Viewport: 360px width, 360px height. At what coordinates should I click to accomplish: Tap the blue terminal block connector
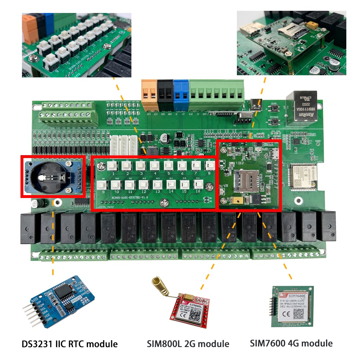(181, 94)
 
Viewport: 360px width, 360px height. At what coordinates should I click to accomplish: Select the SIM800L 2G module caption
(188, 343)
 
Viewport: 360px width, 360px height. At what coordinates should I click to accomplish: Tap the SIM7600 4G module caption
(291, 343)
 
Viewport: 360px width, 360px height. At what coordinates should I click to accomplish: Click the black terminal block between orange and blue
(165, 94)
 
